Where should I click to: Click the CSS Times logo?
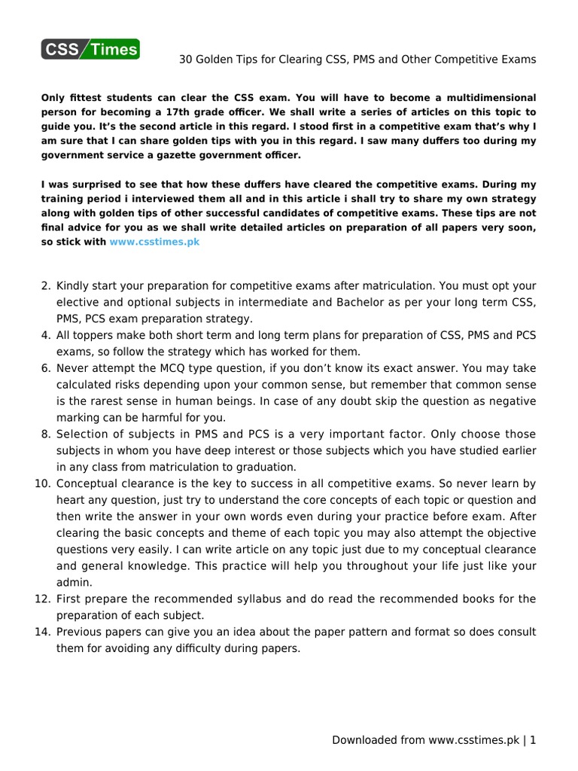[x=90, y=50]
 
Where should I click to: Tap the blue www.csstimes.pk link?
[x=154, y=242]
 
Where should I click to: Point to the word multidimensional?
[x=488, y=98]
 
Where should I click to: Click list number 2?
[x=45, y=286]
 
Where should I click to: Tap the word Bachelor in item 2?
[x=341, y=302]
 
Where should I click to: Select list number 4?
[x=45, y=335]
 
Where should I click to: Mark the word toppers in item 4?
[x=90, y=335]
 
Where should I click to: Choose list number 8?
[x=45, y=434]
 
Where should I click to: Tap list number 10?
[x=42, y=483]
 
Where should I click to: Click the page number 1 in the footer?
[x=533, y=740]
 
